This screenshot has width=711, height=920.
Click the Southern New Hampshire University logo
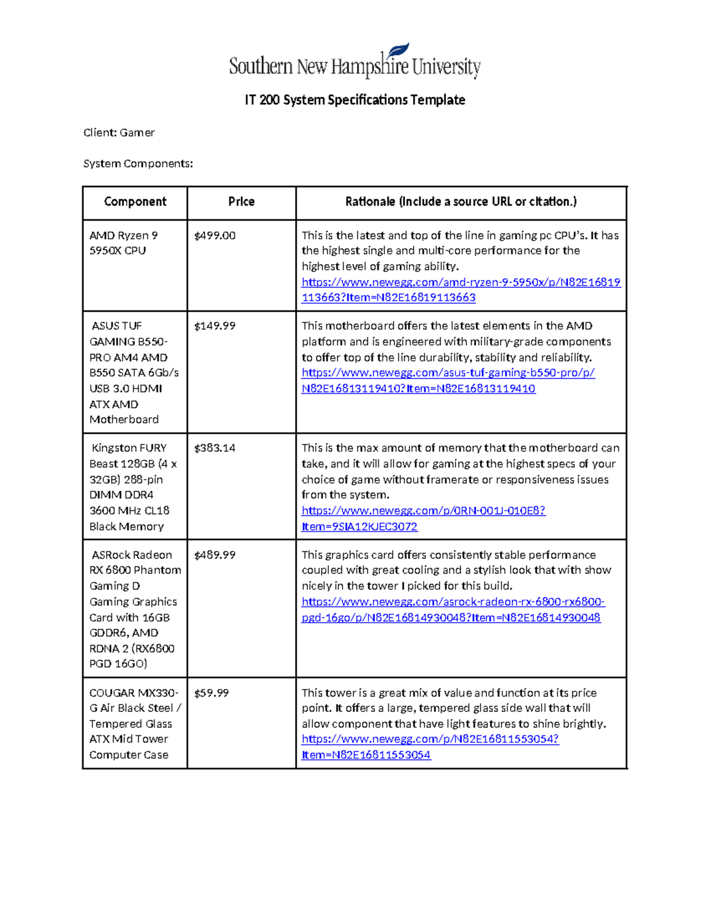point(354,63)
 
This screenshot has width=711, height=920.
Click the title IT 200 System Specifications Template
point(354,100)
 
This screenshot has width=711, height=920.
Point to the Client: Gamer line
point(118,133)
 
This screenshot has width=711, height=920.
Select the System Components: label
point(137,164)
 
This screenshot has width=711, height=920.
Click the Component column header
point(135,202)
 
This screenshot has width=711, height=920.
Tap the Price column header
point(241,202)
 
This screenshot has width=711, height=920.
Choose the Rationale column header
point(460,202)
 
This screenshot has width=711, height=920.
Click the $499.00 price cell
point(214,236)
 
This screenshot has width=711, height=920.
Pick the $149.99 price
point(214,326)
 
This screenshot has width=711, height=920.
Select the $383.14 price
point(214,448)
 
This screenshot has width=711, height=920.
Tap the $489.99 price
point(214,555)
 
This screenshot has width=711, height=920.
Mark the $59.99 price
point(212,693)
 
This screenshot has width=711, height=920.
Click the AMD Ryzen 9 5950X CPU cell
point(123,243)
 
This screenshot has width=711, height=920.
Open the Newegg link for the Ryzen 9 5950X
point(460,283)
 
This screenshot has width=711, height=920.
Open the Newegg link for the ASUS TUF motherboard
point(448,373)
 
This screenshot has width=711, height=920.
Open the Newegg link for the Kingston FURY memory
point(423,511)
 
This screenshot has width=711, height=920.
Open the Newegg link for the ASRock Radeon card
point(453,602)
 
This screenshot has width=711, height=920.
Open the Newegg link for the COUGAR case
point(430,739)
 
